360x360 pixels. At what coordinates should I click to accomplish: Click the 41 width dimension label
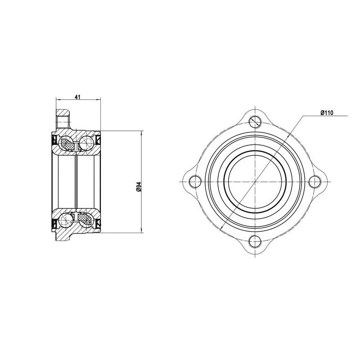pyautogui.click(x=77, y=97)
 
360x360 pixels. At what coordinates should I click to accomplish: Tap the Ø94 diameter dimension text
pyautogui.click(x=139, y=186)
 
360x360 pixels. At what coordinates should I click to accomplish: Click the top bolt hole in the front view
pyautogui.click(x=255, y=121)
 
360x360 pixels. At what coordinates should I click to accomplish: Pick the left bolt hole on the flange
pyautogui.click(x=195, y=181)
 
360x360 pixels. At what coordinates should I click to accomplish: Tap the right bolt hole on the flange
pyautogui.click(x=315, y=181)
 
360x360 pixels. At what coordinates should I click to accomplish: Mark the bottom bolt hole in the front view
pyautogui.click(x=255, y=241)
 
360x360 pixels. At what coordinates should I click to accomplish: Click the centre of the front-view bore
pyautogui.click(x=255, y=181)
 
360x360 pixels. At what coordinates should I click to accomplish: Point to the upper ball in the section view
pyautogui.click(x=85, y=143)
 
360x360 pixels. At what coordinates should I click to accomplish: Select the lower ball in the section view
pyautogui.click(x=66, y=220)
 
